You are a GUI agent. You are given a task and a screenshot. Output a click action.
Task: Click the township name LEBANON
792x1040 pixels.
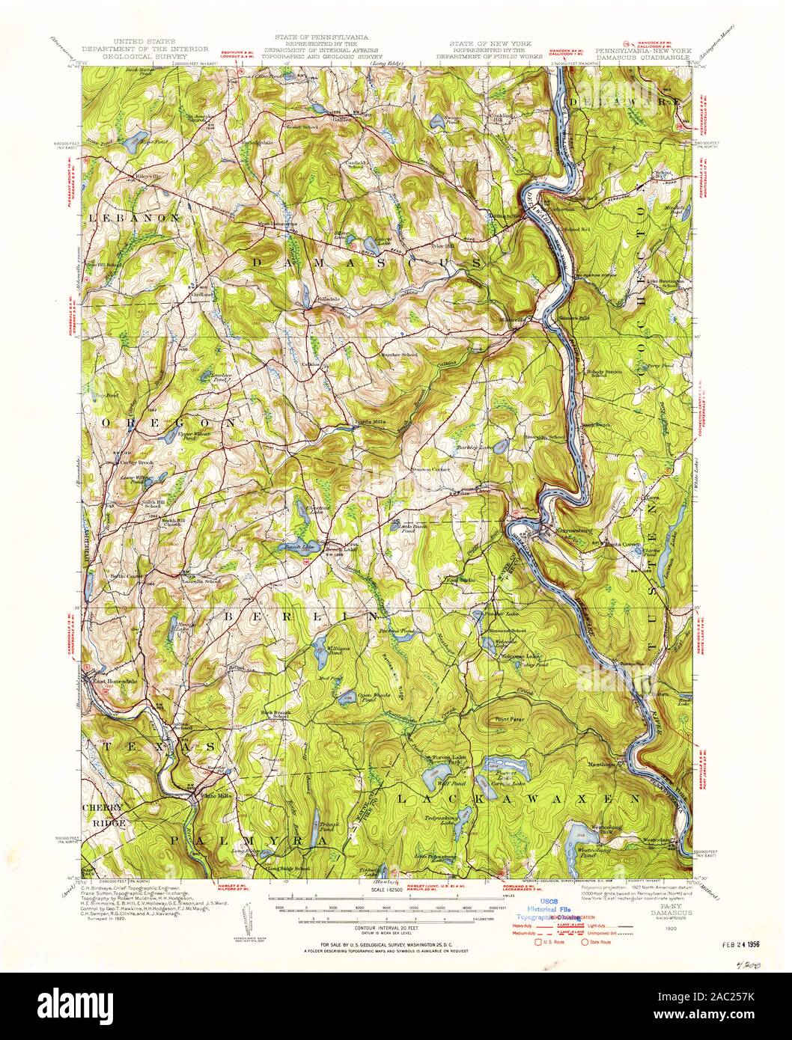(134, 217)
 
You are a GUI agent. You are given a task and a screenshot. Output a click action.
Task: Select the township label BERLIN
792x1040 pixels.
(299, 615)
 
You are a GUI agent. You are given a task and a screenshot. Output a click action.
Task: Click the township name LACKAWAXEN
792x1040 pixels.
(517, 800)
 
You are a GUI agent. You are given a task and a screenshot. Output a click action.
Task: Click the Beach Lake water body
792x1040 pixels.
(299, 545)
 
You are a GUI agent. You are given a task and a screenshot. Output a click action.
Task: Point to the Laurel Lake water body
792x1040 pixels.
(368, 243)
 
